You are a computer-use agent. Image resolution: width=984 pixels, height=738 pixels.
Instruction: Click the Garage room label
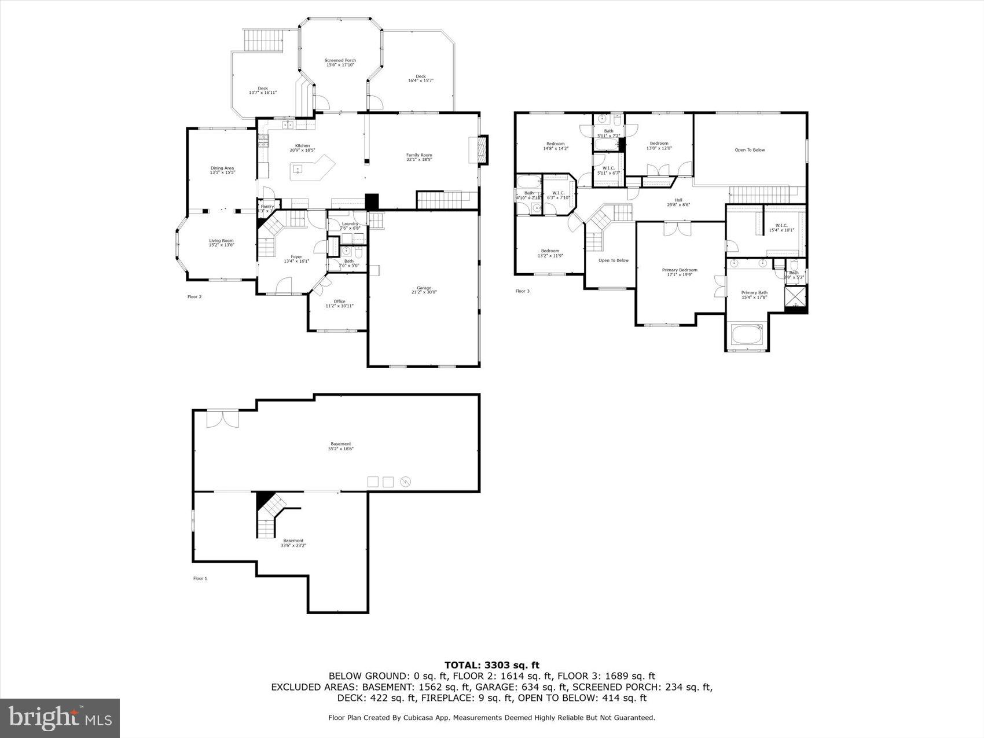[x=424, y=290]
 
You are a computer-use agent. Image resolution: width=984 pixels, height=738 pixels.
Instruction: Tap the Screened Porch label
[x=340, y=63]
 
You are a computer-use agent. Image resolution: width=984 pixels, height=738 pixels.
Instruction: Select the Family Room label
[x=418, y=157]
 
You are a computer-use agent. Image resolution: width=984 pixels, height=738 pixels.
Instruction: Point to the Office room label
[x=339, y=303]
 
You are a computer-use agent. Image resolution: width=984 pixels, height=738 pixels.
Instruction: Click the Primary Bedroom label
[x=680, y=272]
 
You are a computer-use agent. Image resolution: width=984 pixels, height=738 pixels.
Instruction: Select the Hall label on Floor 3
[x=678, y=202]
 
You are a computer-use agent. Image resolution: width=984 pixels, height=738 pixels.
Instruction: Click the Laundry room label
[x=350, y=226]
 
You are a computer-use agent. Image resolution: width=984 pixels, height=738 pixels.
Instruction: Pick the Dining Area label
[x=222, y=170]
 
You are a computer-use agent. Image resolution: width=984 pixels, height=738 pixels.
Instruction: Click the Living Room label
[x=221, y=243]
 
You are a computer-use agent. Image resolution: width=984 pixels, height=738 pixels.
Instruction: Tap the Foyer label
[x=296, y=259]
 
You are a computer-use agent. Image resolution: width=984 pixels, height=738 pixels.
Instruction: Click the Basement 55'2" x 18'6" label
[x=340, y=446]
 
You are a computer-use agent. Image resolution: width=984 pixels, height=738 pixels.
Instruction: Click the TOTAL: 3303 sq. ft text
[x=491, y=665]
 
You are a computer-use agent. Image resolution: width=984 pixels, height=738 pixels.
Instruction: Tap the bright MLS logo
[x=60, y=718]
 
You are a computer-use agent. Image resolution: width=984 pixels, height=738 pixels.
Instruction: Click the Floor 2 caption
[x=194, y=297]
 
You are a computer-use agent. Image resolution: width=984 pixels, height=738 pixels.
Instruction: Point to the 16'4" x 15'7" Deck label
[x=420, y=78]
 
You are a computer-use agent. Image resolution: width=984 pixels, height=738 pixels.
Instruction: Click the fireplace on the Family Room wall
[x=482, y=150]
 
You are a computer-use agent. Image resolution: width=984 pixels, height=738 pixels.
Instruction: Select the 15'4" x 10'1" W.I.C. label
[x=781, y=227]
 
